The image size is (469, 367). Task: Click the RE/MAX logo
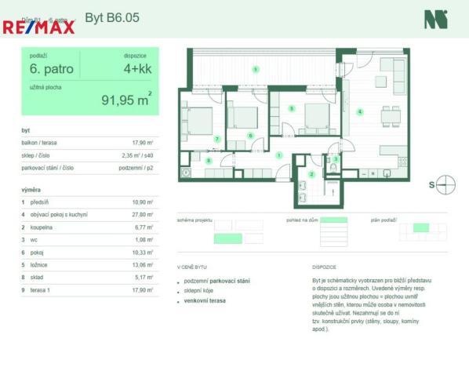[x=38, y=27]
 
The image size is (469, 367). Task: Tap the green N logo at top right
[x=435, y=20]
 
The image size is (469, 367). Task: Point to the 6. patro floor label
[x=52, y=69]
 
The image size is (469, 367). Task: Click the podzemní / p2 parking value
[x=136, y=168]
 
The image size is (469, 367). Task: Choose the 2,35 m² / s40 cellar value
[x=136, y=155]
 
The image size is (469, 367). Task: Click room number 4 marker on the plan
[x=360, y=112]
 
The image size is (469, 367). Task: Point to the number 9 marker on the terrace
[x=256, y=71]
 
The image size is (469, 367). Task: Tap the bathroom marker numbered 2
[x=311, y=174]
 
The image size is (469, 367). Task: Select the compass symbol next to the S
[x=447, y=185]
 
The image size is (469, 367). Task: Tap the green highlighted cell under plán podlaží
[x=421, y=227]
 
